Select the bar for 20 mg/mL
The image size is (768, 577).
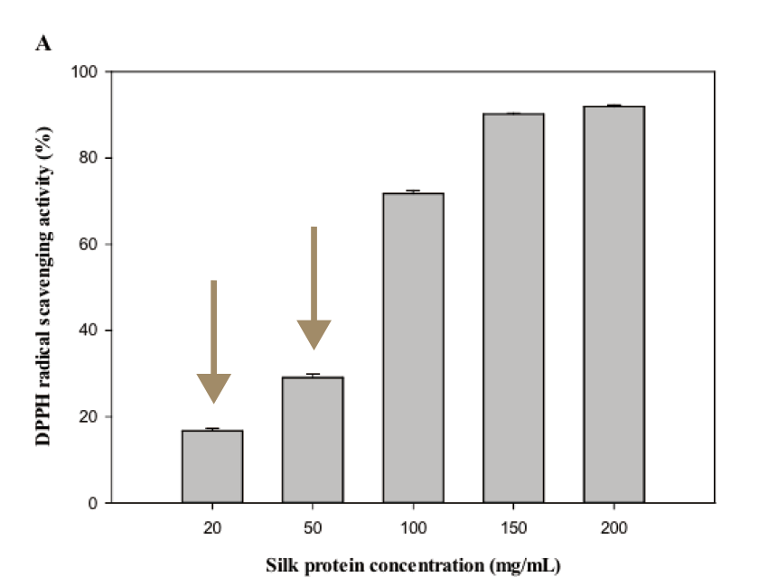click(212, 466)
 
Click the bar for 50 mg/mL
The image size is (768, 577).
click(313, 440)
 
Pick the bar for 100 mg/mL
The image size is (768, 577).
click(413, 348)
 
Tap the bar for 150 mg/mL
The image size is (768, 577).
click(513, 308)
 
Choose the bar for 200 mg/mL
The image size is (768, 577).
click(613, 304)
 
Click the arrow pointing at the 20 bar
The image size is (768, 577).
click(214, 343)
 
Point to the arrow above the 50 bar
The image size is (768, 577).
click(314, 289)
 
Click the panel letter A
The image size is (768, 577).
click(42, 42)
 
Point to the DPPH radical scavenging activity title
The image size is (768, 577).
click(42, 287)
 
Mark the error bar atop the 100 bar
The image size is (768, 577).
click(413, 191)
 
